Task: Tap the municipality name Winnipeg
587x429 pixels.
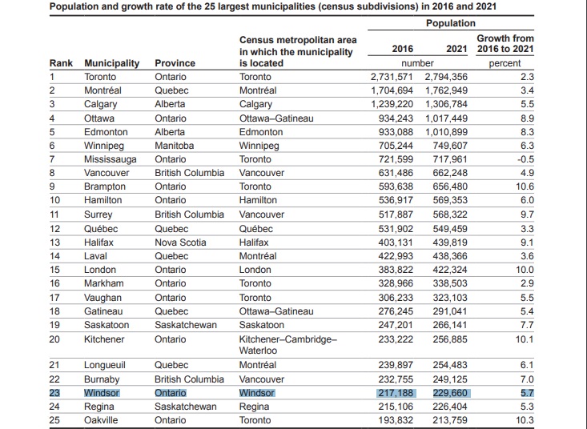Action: [x=104, y=146]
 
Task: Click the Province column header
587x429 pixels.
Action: [x=175, y=62]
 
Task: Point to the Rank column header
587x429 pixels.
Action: [x=61, y=62]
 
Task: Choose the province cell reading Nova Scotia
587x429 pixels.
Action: [x=181, y=243]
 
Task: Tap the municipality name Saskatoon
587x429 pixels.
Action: [x=107, y=326]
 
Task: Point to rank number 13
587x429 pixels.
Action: [x=55, y=243]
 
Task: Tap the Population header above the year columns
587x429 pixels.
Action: [x=450, y=24]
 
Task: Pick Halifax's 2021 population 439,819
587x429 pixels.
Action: [x=449, y=243]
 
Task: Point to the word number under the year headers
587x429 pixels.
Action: [x=417, y=63]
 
